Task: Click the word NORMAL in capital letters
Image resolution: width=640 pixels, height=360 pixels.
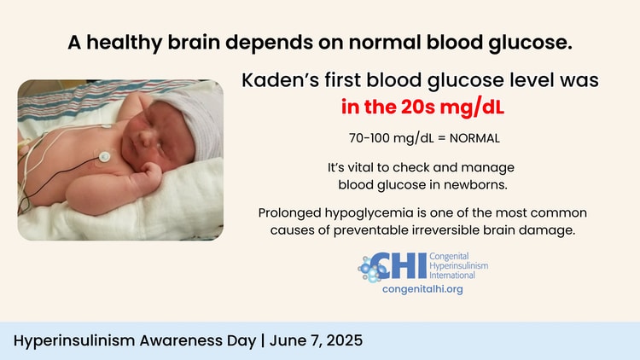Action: (x=474, y=138)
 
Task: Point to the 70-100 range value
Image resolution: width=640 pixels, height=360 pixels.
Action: (x=369, y=138)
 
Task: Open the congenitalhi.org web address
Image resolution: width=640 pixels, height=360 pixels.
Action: (x=422, y=289)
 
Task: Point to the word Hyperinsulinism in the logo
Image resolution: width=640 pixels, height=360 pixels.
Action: (x=459, y=265)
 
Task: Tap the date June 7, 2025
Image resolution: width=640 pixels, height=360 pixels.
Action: (x=316, y=340)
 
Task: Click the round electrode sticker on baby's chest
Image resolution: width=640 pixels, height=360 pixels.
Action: (x=104, y=156)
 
